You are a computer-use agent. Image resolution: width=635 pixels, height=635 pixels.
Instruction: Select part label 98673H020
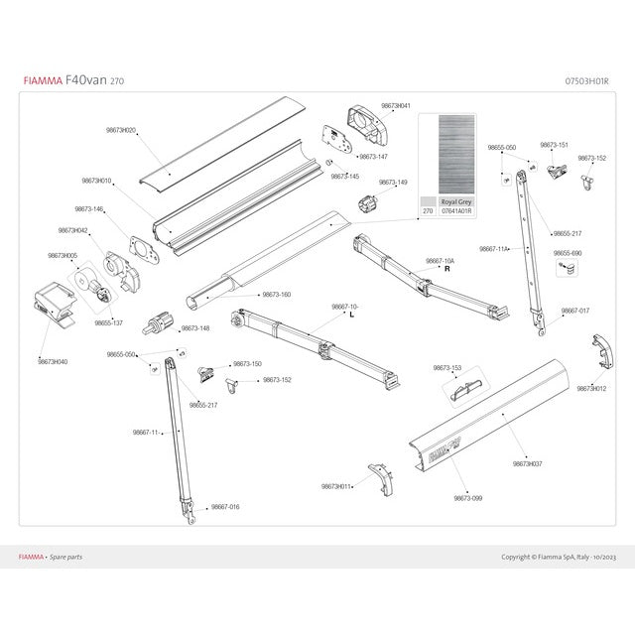point(121,130)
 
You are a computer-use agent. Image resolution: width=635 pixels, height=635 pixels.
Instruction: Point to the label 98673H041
point(396,106)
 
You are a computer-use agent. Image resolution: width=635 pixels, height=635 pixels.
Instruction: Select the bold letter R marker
point(447,269)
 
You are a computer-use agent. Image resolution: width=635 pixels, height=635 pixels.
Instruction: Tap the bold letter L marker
point(352,315)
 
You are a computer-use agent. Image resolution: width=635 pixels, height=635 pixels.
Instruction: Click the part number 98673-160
point(277,295)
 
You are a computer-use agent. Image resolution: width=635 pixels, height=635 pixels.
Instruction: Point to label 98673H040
point(53,362)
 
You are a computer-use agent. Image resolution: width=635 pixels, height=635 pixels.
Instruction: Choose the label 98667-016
point(225,506)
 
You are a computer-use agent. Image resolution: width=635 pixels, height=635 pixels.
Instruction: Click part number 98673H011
point(336,486)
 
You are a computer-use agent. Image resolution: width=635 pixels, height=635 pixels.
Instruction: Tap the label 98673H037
point(528,463)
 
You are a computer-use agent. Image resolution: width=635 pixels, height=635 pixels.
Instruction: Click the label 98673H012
point(591,388)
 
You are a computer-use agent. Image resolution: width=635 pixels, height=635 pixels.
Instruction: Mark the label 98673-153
point(447,368)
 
